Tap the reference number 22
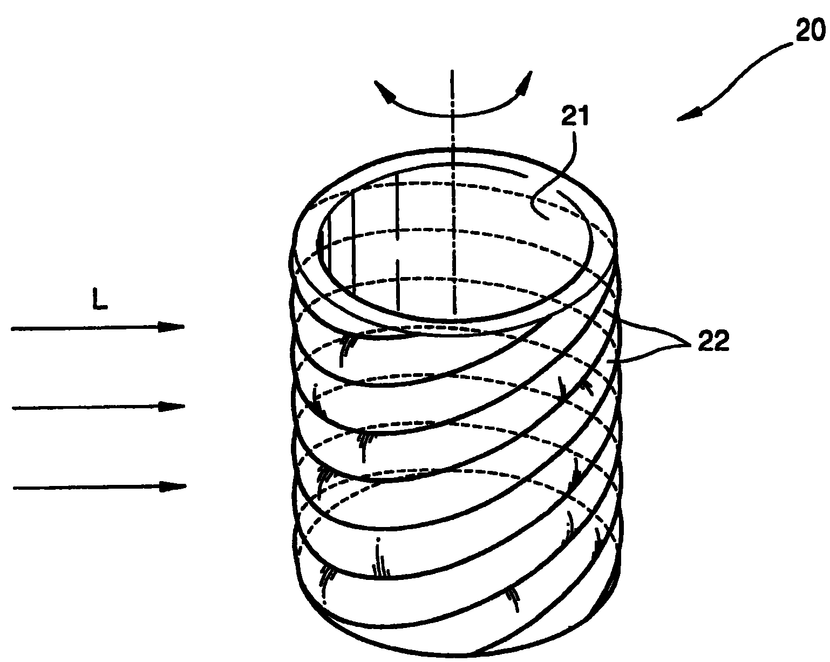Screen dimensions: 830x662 tap(713, 340)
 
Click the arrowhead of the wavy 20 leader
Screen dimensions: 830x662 tap(690, 116)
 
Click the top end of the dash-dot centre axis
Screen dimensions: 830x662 tap(452, 71)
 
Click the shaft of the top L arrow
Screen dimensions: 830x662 tap(85, 328)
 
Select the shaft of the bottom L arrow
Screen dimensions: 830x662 tap(87, 488)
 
